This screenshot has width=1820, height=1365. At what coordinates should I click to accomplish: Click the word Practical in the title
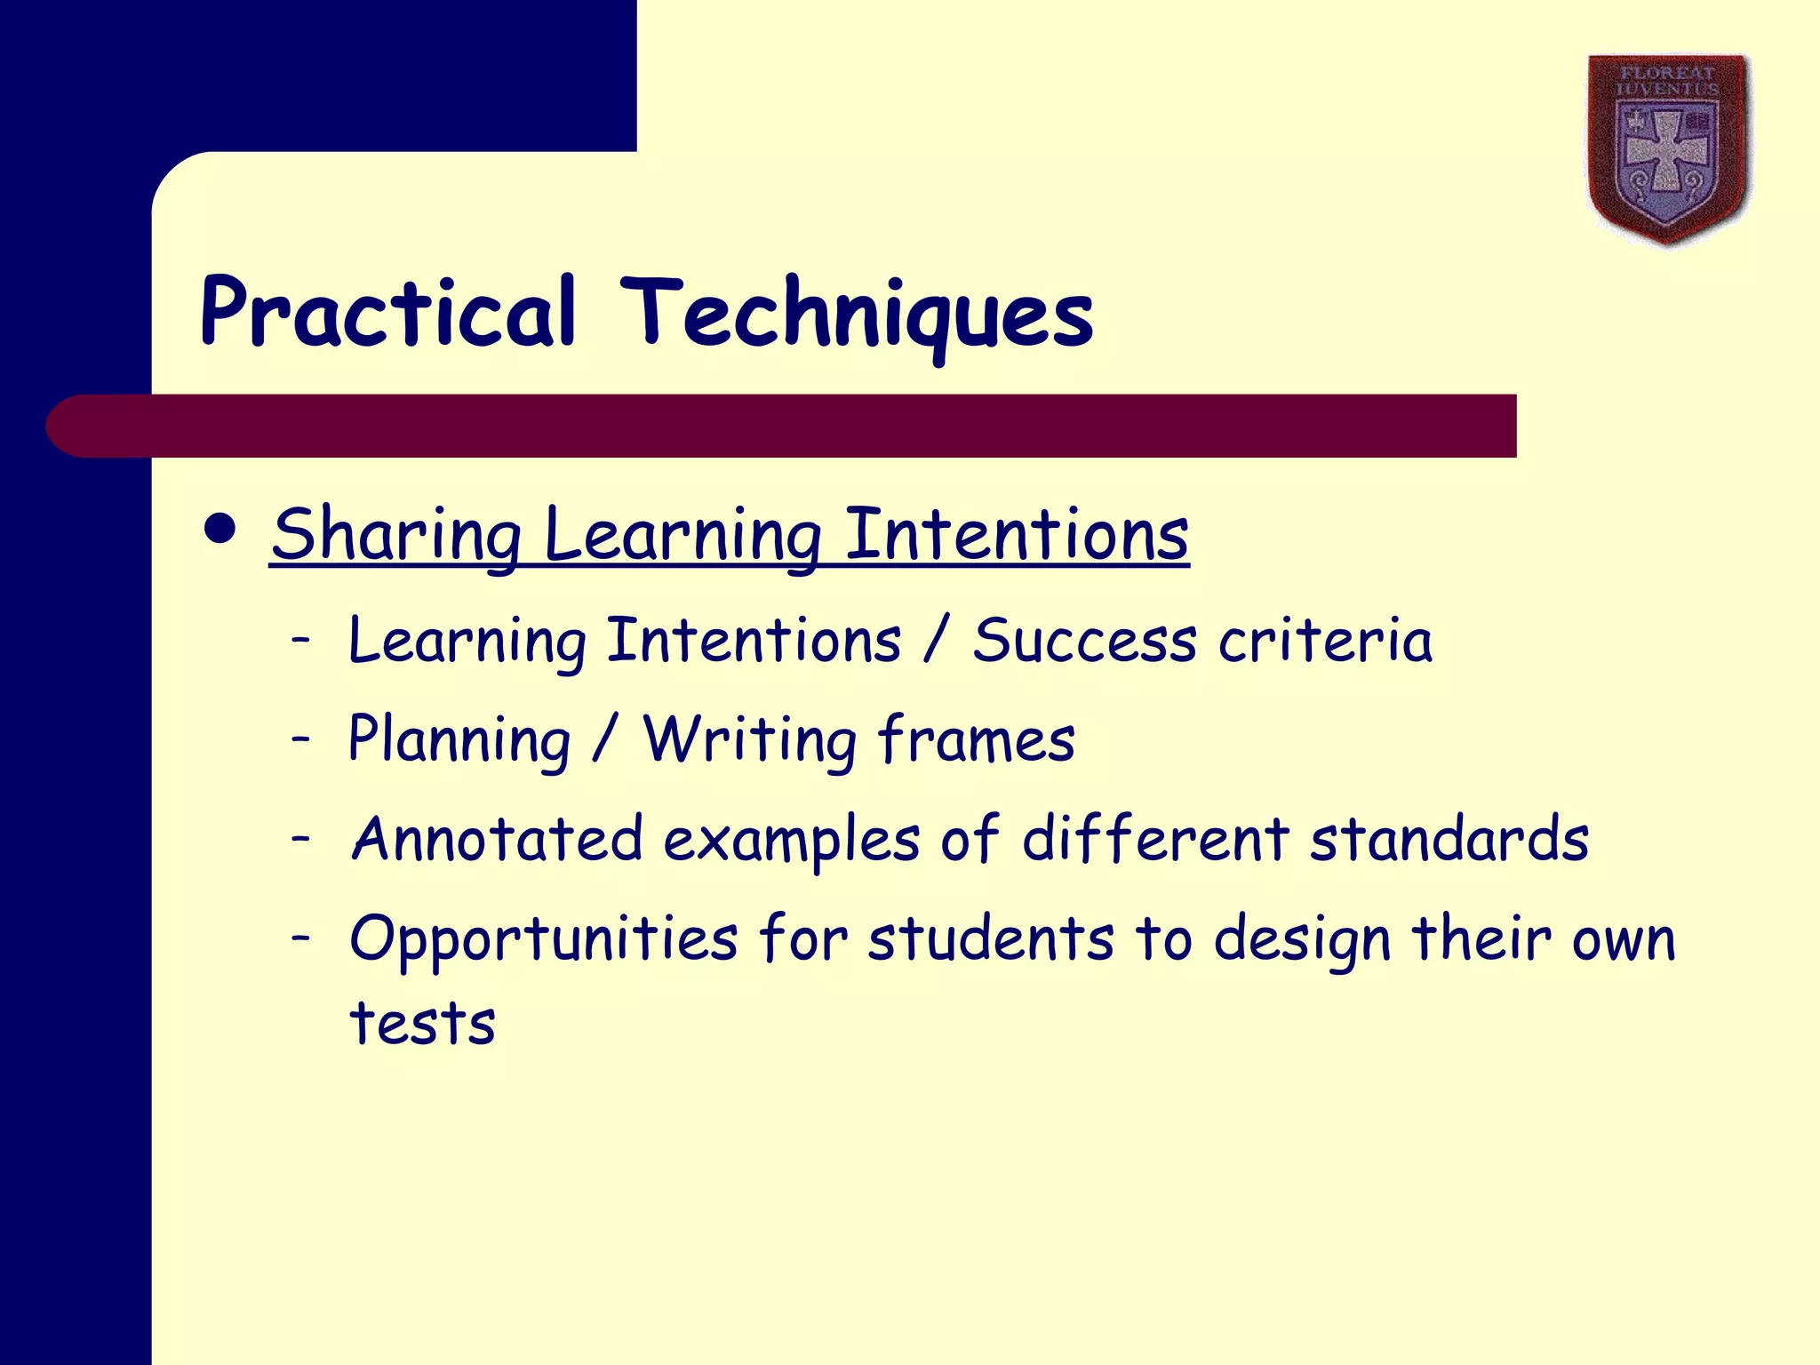click(x=388, y=313)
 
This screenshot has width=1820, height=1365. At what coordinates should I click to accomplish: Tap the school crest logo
click(x=1668, y=148)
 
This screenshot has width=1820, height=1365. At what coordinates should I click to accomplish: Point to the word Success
click(x=1084, y=641)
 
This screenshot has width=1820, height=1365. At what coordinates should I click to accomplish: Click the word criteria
click(x=1325, y=641)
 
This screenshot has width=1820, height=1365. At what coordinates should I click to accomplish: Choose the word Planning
click(x=459, y=740)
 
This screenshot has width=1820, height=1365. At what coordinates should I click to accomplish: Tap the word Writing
click(x=749, y=740)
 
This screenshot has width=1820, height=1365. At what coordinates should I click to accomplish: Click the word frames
click(x=976, y=740)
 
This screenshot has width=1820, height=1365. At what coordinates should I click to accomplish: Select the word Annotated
click(x=497, y=839)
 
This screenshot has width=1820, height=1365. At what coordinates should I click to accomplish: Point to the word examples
click(x=791, y=841)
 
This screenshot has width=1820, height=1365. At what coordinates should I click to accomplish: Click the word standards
click(x=1449, y=839)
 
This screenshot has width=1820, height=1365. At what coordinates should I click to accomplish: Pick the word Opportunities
click(x=543, y=940)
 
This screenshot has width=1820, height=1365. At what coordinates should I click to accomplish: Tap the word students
click(x=990, y=938)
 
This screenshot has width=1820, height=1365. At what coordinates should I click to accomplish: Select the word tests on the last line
click(x=422, y=1024)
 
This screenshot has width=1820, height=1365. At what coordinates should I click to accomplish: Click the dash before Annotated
click(x=301, y=837)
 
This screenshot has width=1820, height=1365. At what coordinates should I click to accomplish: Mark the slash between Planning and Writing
click(x=605, y=740)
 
